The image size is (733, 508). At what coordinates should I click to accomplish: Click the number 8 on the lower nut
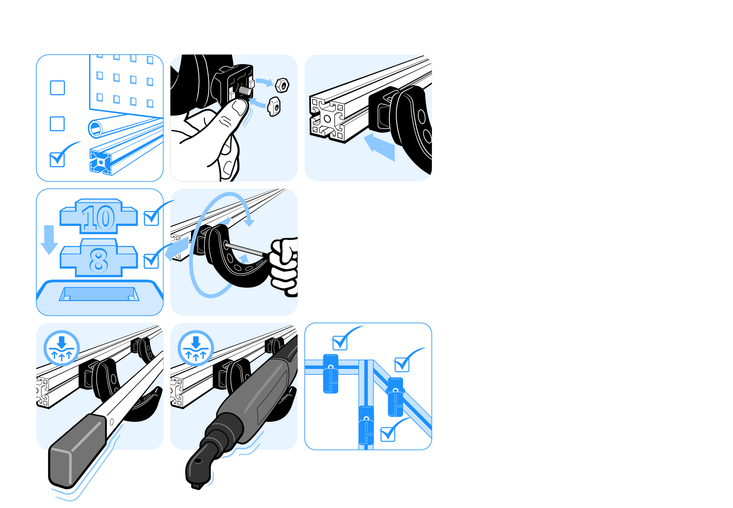pyautogui.click(x=98, y=260)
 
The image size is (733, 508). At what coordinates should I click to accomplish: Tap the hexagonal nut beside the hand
pyautogui.click(x=282, y=85)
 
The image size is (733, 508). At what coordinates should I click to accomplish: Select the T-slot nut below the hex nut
pyautogui.click(x=274, y=107)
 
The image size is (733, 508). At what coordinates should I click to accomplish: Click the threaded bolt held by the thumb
pyautogui.click(x=245, y=91)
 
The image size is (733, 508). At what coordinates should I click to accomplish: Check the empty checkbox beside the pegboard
pyautogui.click(x=57, y=87)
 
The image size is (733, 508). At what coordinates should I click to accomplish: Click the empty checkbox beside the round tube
pyautogui.click(x=57, y=123)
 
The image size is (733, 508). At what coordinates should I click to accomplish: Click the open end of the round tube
pyautogui.click(x=95, y=129)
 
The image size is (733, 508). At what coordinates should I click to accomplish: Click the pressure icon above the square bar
pyautogui.click(x=61, y=348)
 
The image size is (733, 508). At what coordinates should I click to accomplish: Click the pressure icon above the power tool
pyautogui.click(x=196, y=348)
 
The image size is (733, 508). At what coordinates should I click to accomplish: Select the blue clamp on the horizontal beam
pyautogui.click(x=330, y=374)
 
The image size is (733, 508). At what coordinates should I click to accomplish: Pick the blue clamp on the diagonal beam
pyautogui.click(x=395, y=397)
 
